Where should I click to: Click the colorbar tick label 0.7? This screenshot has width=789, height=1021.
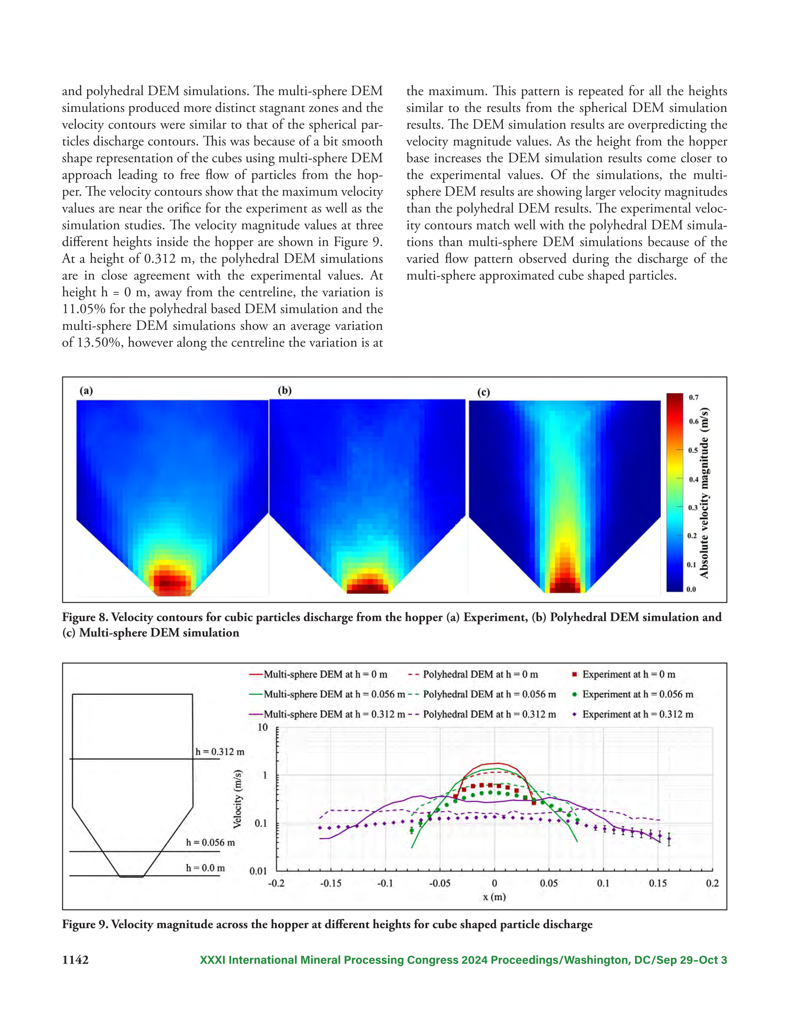693,398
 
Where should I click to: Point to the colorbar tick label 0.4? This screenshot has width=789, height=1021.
693,480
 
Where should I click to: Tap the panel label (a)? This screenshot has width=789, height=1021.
86,390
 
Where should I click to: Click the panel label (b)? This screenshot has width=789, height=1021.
285,390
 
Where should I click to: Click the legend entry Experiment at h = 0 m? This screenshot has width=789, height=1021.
624,674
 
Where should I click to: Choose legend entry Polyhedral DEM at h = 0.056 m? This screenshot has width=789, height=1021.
482,694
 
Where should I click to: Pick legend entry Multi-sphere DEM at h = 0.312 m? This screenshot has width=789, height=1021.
327,714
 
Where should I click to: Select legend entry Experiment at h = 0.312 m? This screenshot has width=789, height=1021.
633,714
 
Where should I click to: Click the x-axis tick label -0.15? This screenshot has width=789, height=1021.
331,883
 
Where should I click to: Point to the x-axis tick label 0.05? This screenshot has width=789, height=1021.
548,883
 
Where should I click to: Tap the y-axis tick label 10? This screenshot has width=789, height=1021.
263,727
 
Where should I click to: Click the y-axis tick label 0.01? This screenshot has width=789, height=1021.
259,871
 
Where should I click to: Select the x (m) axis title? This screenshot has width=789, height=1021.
494,897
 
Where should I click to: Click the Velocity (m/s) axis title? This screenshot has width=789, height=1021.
238,799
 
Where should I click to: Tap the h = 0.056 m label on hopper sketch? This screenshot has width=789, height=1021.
211,842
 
